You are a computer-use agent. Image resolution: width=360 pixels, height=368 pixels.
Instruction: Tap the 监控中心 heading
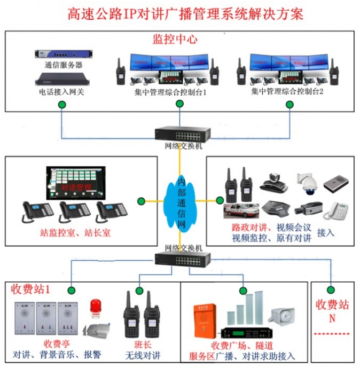coord(175,39)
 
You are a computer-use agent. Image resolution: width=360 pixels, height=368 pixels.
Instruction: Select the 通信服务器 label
coord(63,65)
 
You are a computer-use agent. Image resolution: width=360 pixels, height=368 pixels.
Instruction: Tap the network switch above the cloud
coord(179,133)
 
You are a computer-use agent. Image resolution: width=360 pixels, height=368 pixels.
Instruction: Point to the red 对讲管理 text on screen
coord(76,187)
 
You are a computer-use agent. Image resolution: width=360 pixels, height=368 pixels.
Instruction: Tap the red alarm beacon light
coord(95,307)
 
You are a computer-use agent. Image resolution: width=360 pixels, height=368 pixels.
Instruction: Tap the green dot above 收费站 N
coord(331,289)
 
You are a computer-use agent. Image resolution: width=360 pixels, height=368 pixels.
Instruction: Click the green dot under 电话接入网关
coord(62,104)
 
